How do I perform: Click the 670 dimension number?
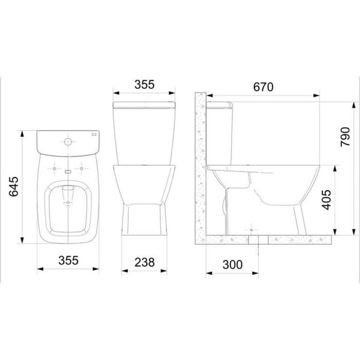(261, 86)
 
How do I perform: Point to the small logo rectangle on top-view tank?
(91, 136)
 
